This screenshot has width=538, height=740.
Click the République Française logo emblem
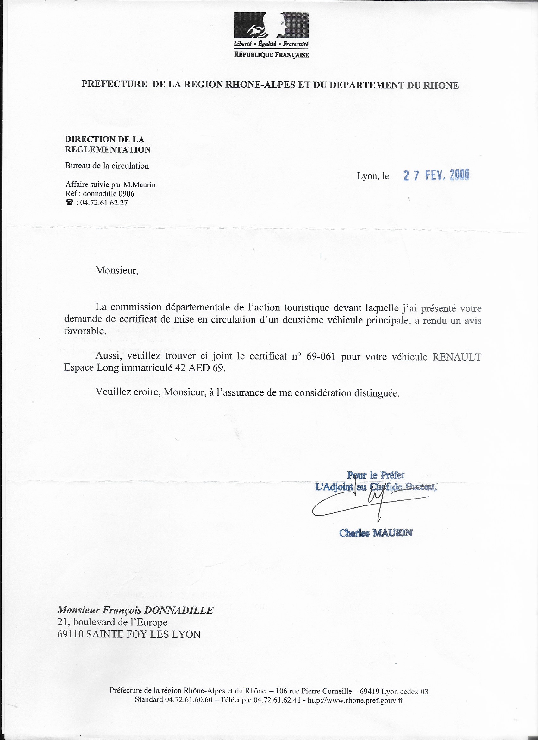[271, 25]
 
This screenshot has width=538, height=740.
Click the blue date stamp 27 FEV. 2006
[436, 176]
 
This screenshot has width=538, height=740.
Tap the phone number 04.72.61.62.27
[104, 203]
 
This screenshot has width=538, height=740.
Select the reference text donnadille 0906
[108, 194]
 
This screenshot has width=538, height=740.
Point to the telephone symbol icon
[70, 203]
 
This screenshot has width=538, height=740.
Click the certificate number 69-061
[321, 356]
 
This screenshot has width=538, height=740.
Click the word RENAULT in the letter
[456, 357]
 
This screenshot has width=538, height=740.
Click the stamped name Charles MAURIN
[376, 533]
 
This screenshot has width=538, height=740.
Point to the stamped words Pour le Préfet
[376, 475]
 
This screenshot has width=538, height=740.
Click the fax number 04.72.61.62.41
[277, 700]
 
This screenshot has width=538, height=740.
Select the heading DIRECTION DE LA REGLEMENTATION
[108, 145]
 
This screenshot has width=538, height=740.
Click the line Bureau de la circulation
[107, 166]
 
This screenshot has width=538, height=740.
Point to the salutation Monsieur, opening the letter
[117, 271]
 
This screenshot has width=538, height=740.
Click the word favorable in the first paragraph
[85, 331]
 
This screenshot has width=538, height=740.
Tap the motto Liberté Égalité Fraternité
[271, 44]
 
